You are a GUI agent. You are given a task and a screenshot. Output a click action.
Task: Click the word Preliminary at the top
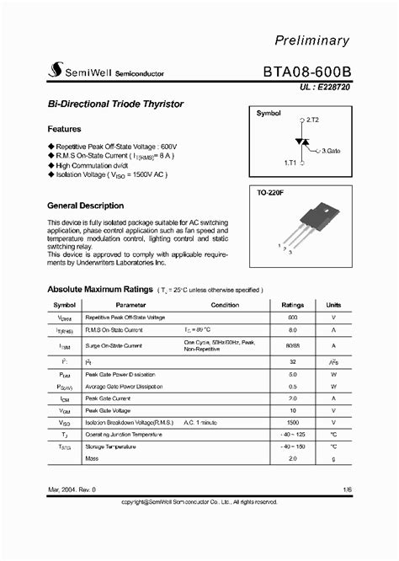(334, 40)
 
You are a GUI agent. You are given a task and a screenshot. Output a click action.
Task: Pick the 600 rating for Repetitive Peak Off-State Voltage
(292, 318)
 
